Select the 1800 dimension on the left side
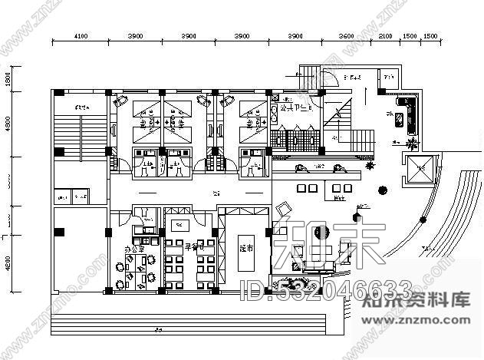[8, 80]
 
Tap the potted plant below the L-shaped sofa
[413, 143]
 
